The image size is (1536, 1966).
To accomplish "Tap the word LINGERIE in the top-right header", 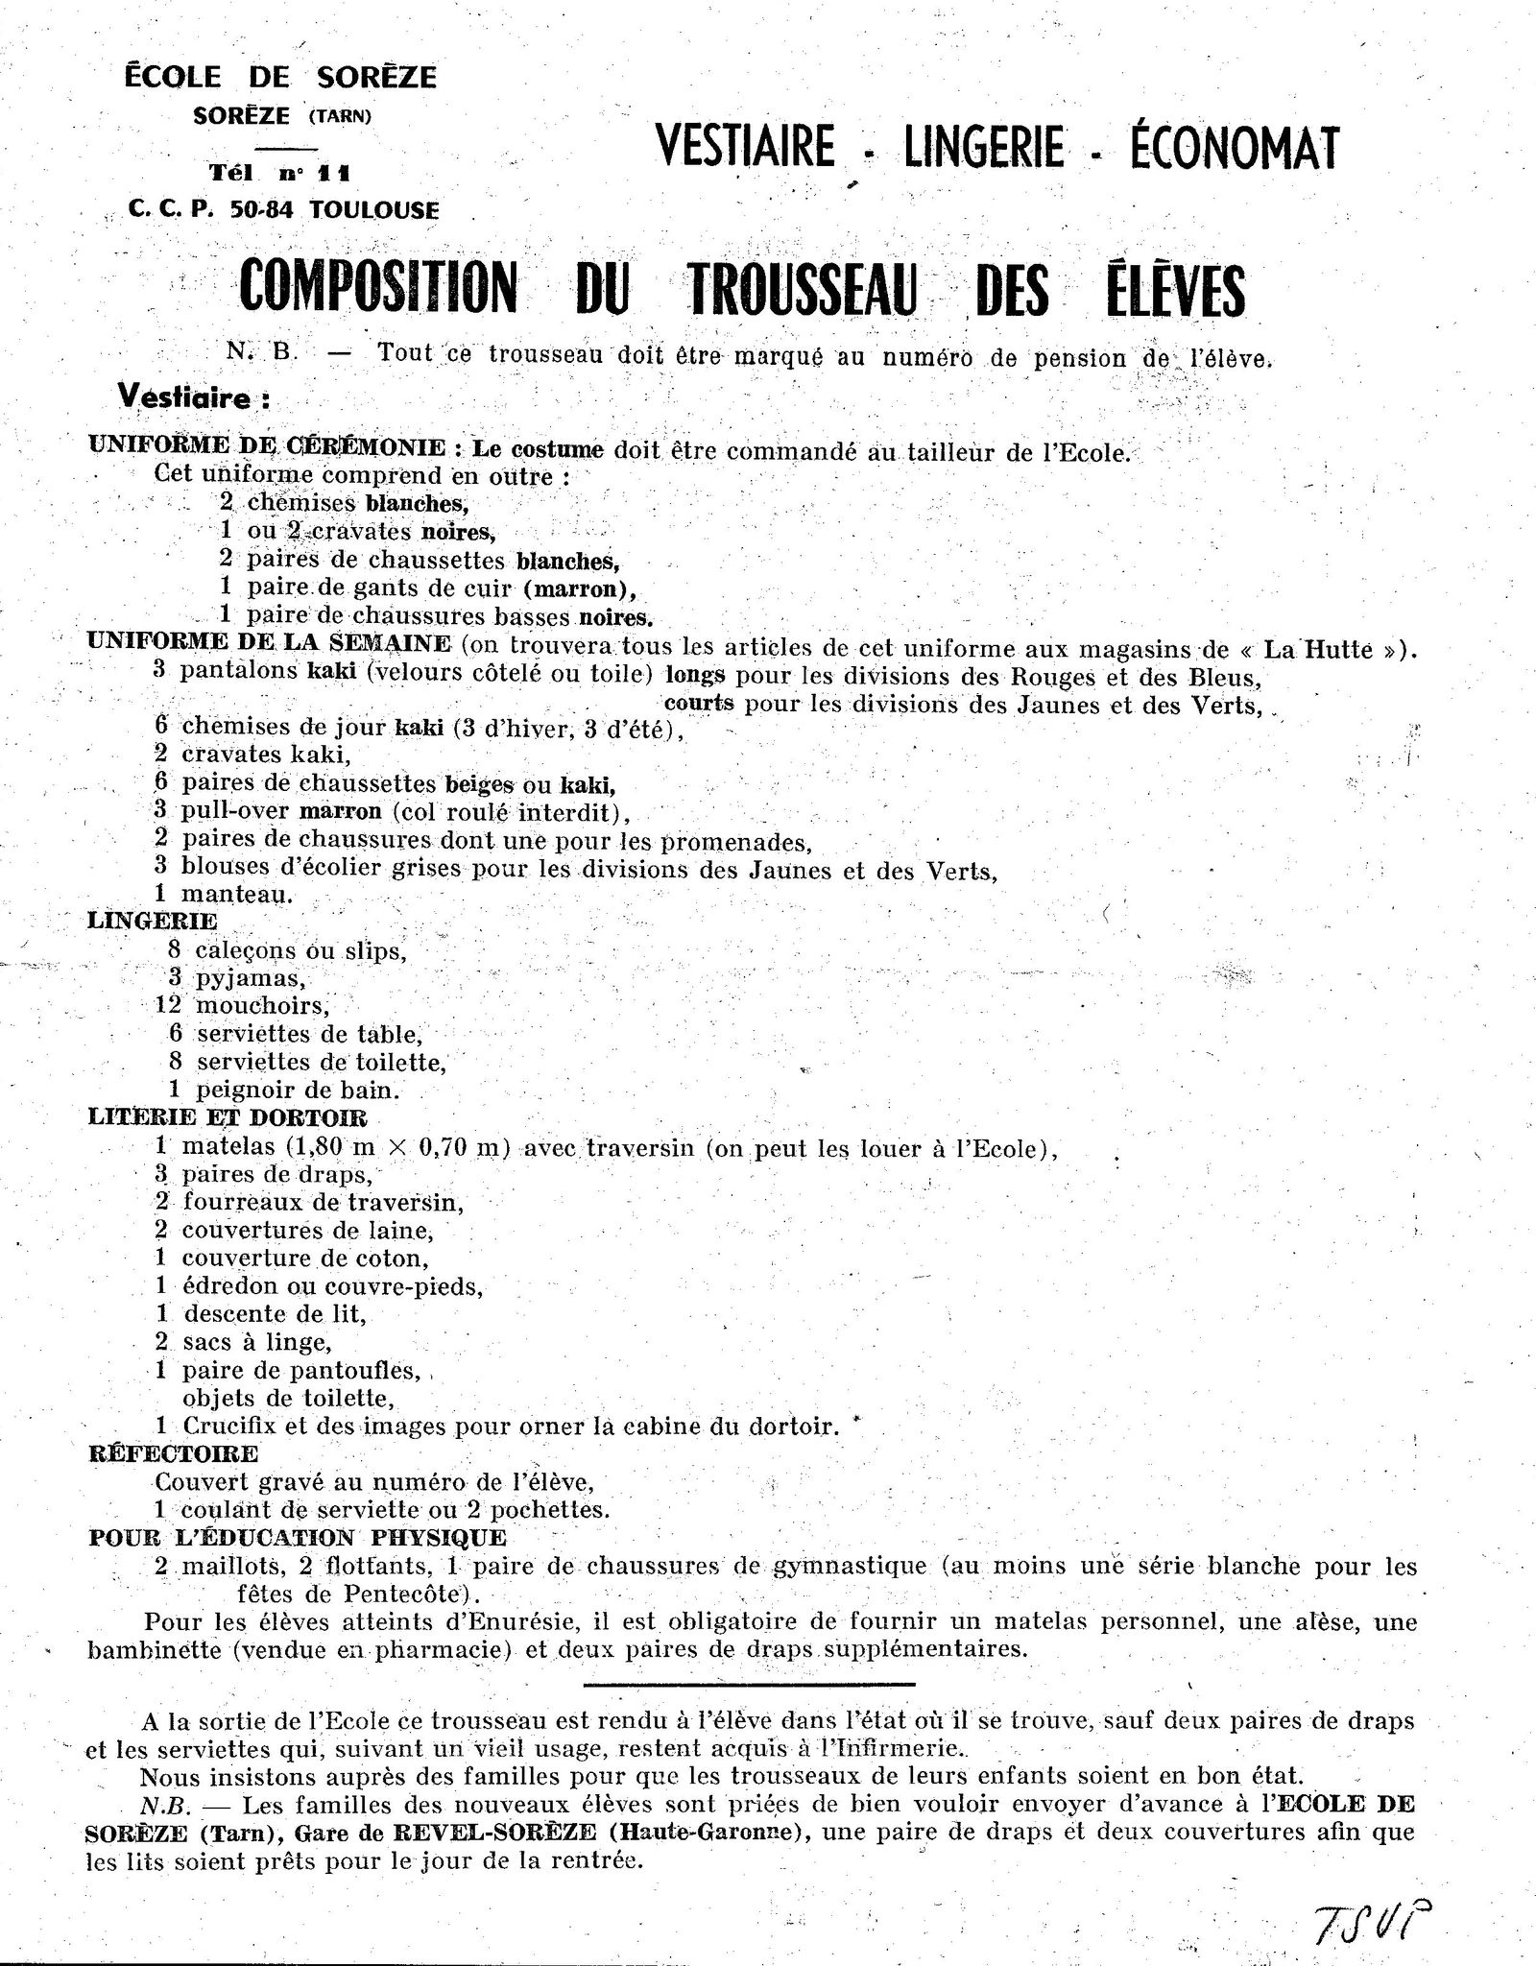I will pos(983,149).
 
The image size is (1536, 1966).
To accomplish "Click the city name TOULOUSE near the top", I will pos(374,210).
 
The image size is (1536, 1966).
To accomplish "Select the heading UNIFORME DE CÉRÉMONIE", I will pos(266,447).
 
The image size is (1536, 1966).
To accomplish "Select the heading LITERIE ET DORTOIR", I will pos(227,1117).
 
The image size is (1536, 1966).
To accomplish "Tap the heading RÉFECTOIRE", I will pos(173,1453).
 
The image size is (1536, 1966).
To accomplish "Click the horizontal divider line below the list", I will pos(749,1683).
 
